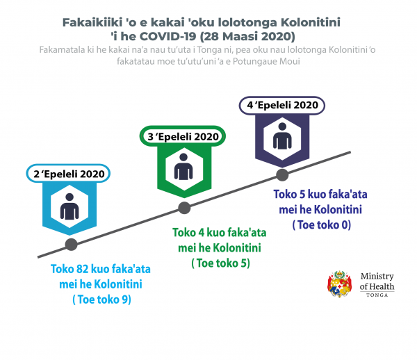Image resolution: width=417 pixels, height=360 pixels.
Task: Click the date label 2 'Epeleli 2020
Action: tap(68, 174)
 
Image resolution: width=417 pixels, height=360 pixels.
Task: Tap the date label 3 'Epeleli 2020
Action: tap(183, 136)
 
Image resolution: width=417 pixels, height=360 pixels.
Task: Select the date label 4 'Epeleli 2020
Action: tap(282, 105)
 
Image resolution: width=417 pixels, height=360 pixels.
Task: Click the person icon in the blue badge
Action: tap(69, 206)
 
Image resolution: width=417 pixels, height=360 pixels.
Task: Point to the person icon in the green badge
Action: tap(183, 167)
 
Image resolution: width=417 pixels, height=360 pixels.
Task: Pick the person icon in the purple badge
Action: tap(282, 136)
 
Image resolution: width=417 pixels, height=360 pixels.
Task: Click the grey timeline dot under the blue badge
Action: tap(72, 245)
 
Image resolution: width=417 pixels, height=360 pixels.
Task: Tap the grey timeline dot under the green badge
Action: tap(184, 208)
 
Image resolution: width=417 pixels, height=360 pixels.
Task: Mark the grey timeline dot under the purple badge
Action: tap(282, 174)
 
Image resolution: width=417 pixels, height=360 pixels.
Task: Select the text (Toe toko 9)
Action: tap(102, 300)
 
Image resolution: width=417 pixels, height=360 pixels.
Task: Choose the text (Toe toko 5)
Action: tap(221, 263)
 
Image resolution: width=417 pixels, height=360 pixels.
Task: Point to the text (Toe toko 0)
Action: tap(322, 225)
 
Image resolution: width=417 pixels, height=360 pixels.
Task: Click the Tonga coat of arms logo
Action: tap(339, 284)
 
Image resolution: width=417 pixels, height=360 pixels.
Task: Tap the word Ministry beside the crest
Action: tap(377, 277)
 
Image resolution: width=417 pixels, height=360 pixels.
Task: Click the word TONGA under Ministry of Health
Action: tap(377, 295)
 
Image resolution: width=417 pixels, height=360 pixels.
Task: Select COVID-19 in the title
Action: tap(167, 36)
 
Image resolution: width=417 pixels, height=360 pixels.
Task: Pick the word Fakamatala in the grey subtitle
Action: tap(63, 50)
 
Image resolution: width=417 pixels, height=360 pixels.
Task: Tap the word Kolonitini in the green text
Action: tap(238, 248)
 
